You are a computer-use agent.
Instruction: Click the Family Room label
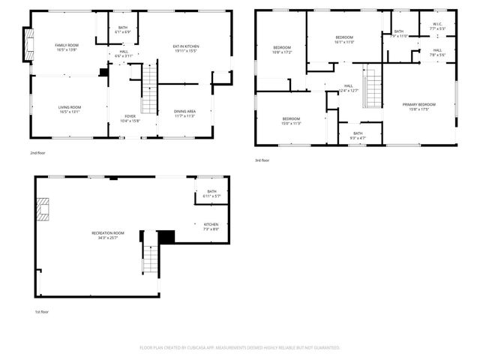[x=67, y=47]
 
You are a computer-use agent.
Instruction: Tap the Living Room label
[x=70, y=109]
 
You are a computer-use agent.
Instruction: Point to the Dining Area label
[x=184, y=114]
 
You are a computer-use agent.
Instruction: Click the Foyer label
[x=130, y=118]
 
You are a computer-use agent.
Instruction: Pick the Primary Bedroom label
[x=419, y=106]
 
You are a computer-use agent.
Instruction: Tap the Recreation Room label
[x=107, y=235]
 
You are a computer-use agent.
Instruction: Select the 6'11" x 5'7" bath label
[x=211, y=193]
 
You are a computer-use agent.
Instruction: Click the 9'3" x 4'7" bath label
[x=358, y=135]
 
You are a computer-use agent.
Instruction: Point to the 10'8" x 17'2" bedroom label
[x=281, y=49]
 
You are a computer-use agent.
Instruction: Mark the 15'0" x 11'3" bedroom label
[x=291, y=121]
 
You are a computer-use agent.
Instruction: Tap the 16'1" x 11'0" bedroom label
[x=344, y=39]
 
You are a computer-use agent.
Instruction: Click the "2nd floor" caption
[x=38, y=152]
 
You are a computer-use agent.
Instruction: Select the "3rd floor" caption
[x=262, y=160]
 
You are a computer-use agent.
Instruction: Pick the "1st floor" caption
[x=42, y=311]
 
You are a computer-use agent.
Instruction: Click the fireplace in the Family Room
[x=28, y=47]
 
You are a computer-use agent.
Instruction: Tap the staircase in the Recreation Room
[x=151, y=257]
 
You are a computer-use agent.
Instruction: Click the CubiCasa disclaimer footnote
[x=240, y=347]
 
